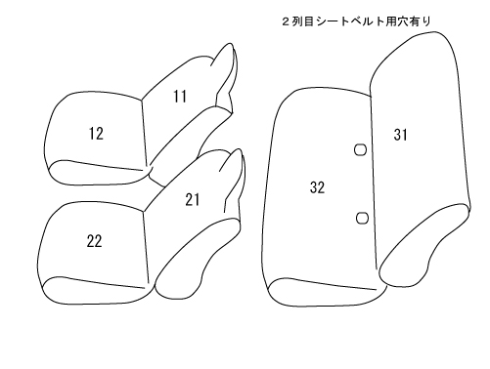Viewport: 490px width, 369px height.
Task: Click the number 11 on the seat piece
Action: (180, 97)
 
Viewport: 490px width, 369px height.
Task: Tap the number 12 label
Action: (96, 134)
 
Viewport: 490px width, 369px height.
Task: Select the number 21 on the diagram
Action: (193, 200)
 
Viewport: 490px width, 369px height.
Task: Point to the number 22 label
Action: (94, 241)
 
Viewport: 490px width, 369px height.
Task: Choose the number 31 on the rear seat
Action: (401, 135)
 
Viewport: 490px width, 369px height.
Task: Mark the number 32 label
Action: (317, 187)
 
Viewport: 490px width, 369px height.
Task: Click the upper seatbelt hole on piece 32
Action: (360, 149)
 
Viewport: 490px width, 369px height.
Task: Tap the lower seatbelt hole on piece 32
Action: (362, 218)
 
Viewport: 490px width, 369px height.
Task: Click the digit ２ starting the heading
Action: (286, 21)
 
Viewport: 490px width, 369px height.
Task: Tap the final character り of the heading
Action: (426, 21)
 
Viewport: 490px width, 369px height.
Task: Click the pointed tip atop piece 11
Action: (231, 43)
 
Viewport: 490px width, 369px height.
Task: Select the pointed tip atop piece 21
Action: (240, 149)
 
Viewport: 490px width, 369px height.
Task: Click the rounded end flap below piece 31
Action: (423, 246)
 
